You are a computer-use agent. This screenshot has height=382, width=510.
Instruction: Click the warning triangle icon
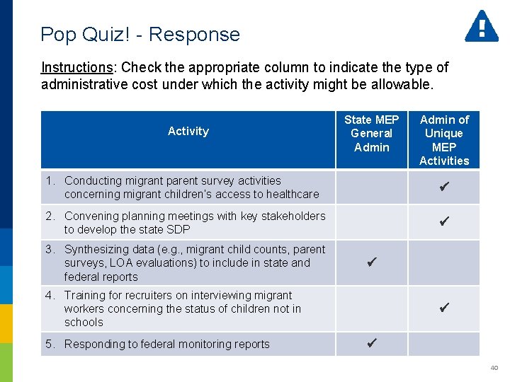pos(482,27)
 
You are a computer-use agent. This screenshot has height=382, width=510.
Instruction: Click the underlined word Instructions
pos(76,67)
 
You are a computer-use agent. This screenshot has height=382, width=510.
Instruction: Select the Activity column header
pos(188,131)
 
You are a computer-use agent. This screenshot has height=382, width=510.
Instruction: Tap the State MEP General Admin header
pos(371,133)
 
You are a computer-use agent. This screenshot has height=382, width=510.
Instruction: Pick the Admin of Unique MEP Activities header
pos(444,140)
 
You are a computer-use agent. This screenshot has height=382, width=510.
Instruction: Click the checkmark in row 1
pos(444,187)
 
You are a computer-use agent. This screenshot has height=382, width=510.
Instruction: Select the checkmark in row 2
pos(444,221)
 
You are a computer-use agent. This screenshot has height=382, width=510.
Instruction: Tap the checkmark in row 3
pos(371,262)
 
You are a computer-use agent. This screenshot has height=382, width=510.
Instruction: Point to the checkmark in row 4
pos(444,308)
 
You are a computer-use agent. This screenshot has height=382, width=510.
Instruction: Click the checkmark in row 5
pos(371,344)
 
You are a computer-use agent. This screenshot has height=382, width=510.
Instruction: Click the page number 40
pos(494,368)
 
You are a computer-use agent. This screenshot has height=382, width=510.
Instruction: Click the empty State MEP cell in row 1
pos(371,187)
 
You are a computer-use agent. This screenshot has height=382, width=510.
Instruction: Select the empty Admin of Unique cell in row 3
pos(444,262)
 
